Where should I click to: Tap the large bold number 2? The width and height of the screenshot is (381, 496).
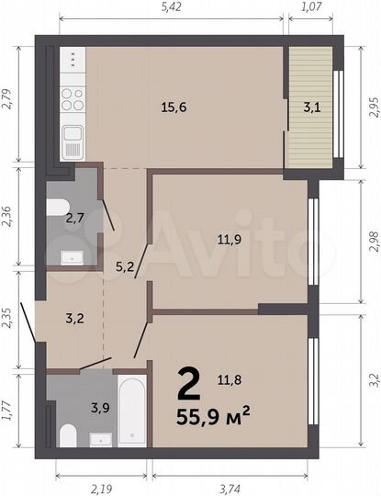click(189, 378)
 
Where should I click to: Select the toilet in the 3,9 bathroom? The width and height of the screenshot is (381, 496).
click(65, 434)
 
